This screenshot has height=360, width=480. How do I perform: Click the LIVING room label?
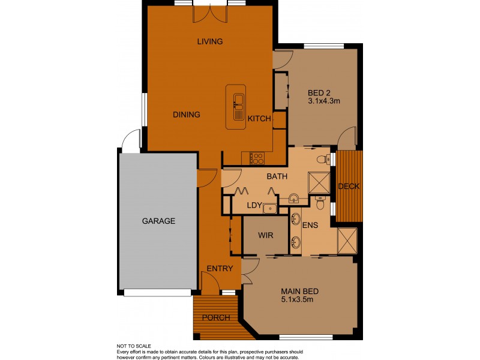210,41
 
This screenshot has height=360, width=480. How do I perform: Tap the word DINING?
187,115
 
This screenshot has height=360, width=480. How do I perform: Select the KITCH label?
259,119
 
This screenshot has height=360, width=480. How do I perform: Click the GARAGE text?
158,221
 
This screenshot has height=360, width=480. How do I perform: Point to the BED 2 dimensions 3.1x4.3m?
324,101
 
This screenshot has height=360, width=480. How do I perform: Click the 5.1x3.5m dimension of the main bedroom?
300,300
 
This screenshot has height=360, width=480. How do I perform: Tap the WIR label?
265,235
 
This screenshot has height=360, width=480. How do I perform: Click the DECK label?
349,187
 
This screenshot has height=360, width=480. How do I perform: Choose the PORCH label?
215,317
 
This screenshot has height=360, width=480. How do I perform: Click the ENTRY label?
219,269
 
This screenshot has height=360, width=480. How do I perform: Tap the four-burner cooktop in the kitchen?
257,158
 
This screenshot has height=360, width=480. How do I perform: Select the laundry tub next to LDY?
269,208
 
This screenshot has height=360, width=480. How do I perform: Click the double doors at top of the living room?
210,13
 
